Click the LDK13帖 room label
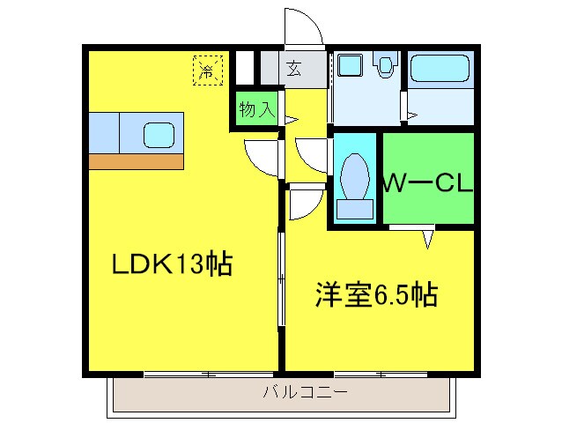tap(172, 263)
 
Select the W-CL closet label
tap(428, 184)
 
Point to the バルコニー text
tap(305, 392)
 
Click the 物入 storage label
tap(255, 110)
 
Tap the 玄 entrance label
tap(293, 70)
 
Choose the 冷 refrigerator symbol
tap(208, 70)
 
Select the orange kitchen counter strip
tap(136, 161)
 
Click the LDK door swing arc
tap(260, 159)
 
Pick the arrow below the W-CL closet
tap(427, 238)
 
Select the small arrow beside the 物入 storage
tap(291, 118)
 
